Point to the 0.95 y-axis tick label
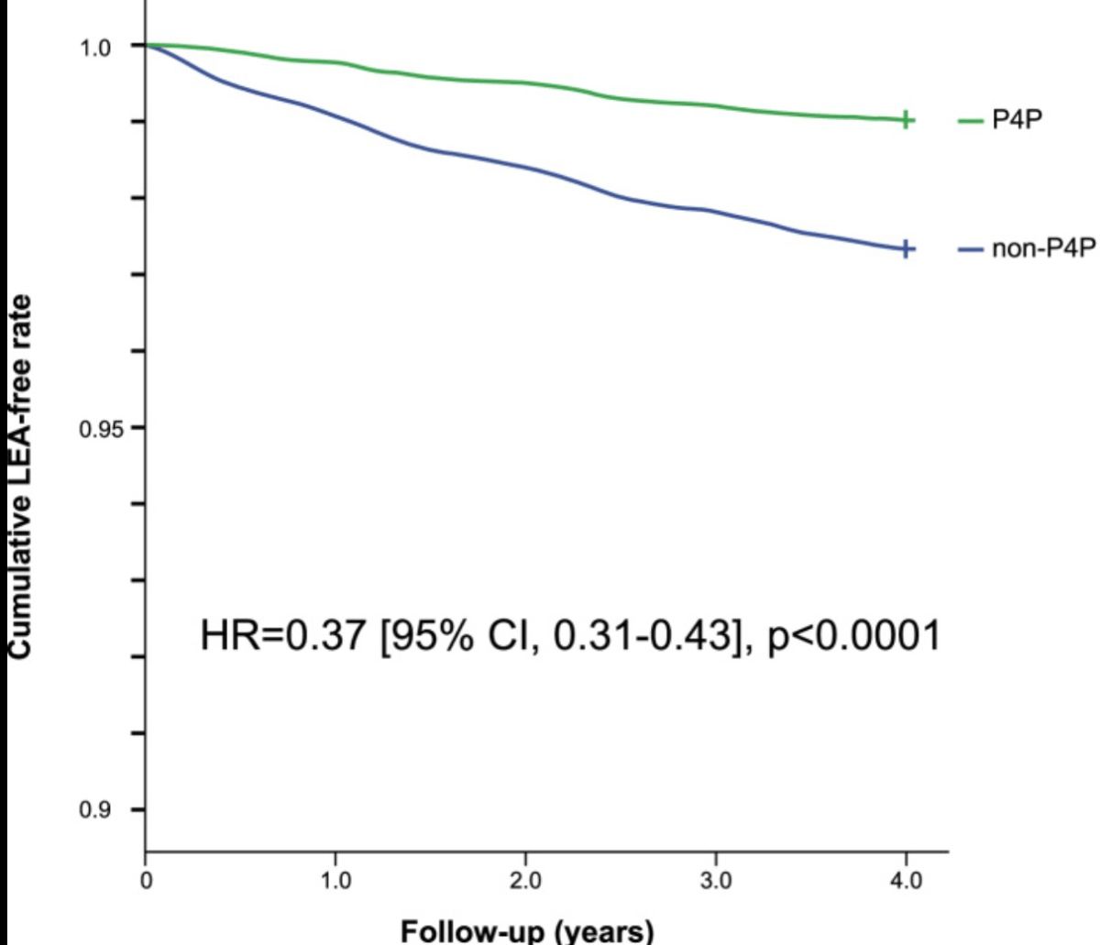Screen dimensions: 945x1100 click(x=91, y=428)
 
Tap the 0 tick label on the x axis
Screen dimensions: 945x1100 click(x=146, y=883)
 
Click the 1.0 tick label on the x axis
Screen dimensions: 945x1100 click(x=335, y=883)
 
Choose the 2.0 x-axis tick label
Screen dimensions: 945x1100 click(x=525, y=883)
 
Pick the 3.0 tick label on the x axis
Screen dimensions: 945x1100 click(x=715, y=883)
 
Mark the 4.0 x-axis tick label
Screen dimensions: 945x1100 click(x=906, y=883)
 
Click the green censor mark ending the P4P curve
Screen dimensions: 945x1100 click(x=906, y=120)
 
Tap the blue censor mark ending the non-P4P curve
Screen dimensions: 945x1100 click(x=906, y=248)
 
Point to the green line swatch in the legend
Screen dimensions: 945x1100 click(x=970, y=121)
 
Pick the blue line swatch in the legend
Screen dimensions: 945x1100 click(x=970, y=249)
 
